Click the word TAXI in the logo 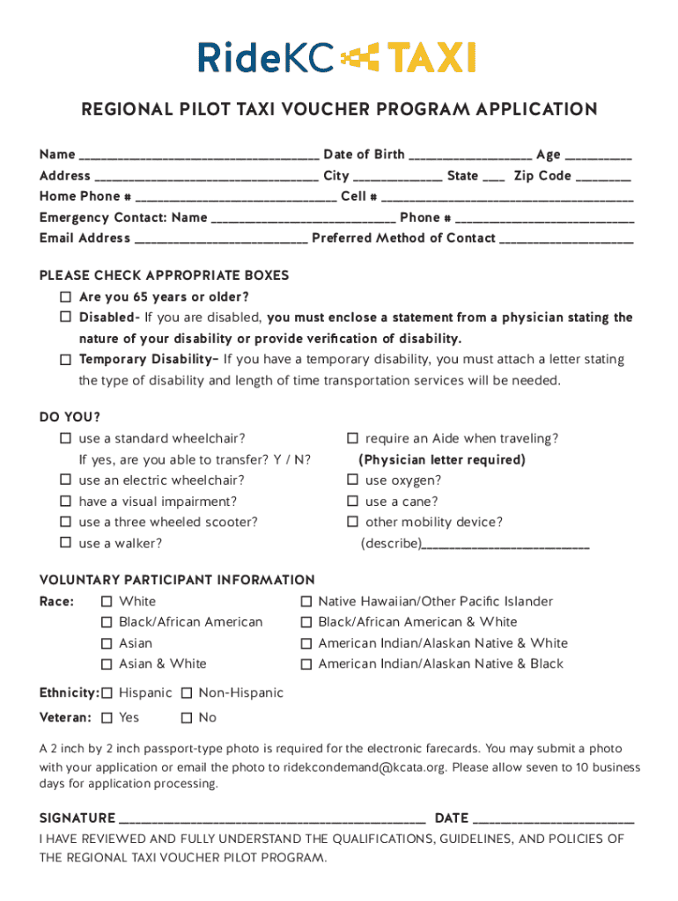pos(432,59)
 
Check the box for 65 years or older pos(65,297)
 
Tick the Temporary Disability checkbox pos(65,360)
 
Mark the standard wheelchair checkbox pos(65,438)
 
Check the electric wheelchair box pos(65,480)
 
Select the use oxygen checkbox pos(352,480)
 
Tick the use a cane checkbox pos(352,502)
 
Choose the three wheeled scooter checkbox pos(65,523)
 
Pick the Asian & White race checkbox pos(107,664)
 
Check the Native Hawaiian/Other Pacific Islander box pos(306,602)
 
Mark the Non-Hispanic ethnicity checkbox pos(187,693)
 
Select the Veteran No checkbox pos(187,718)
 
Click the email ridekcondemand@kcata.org pos(365,767)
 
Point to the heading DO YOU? pos(70,417)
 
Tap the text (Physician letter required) pos(442,460)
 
